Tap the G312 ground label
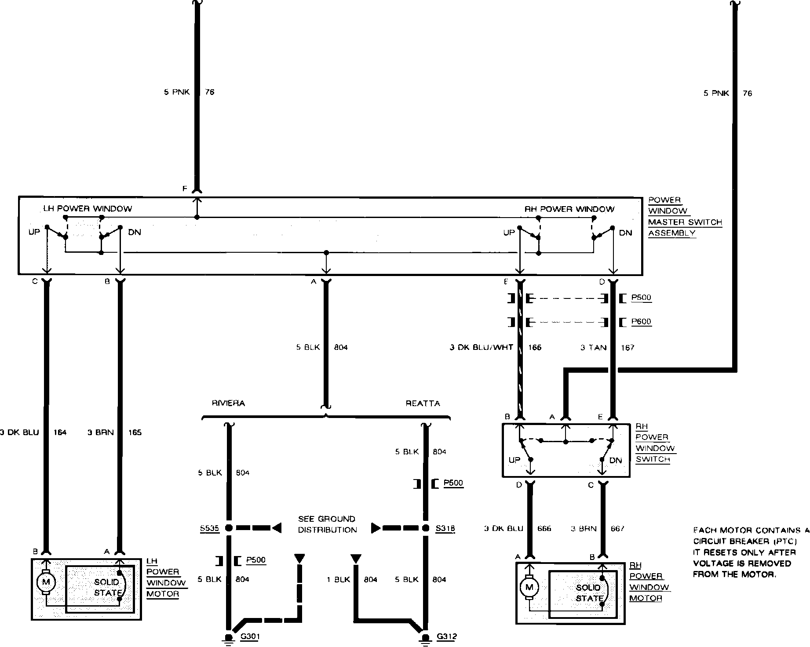coord(447,636)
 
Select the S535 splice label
coord(209,528)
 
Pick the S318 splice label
coord(445,528)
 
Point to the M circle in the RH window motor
coord(529,587)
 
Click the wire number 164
coord(59,433)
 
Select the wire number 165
coord(135,433)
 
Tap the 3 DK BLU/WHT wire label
coord(481,348)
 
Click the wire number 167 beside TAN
coord(627,348)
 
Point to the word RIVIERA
coord(228,403)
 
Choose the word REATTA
coord(423,403)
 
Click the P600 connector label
coord(641,322)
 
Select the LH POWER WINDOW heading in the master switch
coord(88,208)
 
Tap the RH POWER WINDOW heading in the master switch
coord(569,209)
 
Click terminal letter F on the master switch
coord(185,189)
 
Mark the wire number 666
coord(544,529)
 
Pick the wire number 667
coord(617,529)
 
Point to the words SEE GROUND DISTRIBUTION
coord(327,524)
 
